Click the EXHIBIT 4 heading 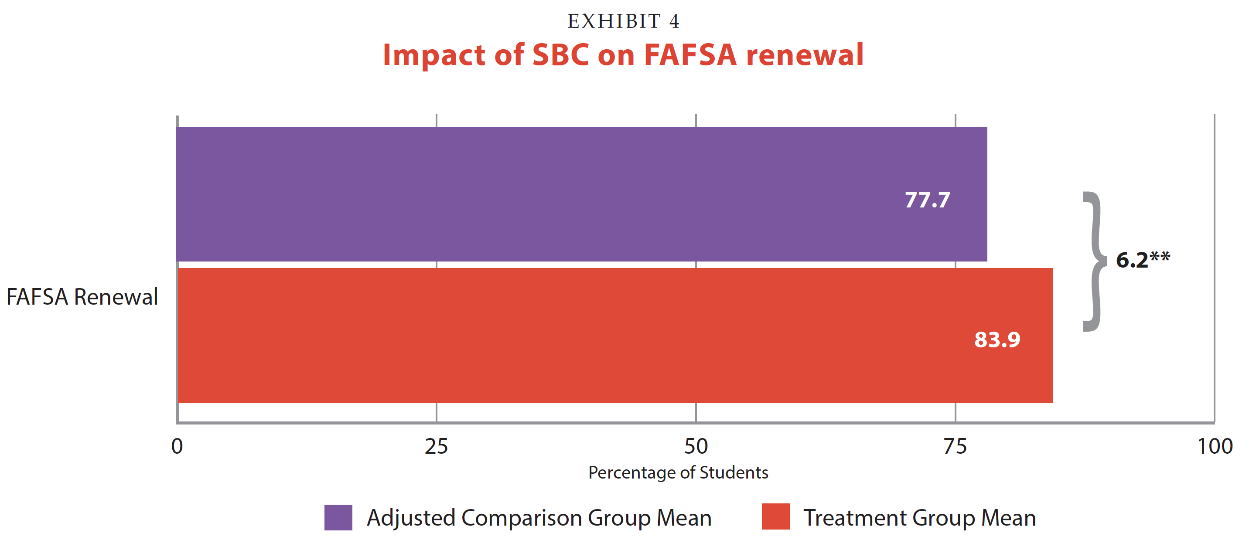tap(623, 21)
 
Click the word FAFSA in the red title tap(690, 54)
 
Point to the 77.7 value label tap(927, 200)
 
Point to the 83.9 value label tap(997, 340)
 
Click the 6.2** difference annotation tap(1143, 259)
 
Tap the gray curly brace tap(1095, 262)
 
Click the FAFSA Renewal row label tap(82, 297)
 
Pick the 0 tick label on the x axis tap(177, 446)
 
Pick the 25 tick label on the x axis tap(436, 446)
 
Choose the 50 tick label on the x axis tap(696, 446)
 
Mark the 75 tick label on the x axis tap(955, 446)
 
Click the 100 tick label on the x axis tap(1215, 446)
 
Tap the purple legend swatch tap(338, 517)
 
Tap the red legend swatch tap(775, 517)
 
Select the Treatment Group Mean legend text tap(920, 517)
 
